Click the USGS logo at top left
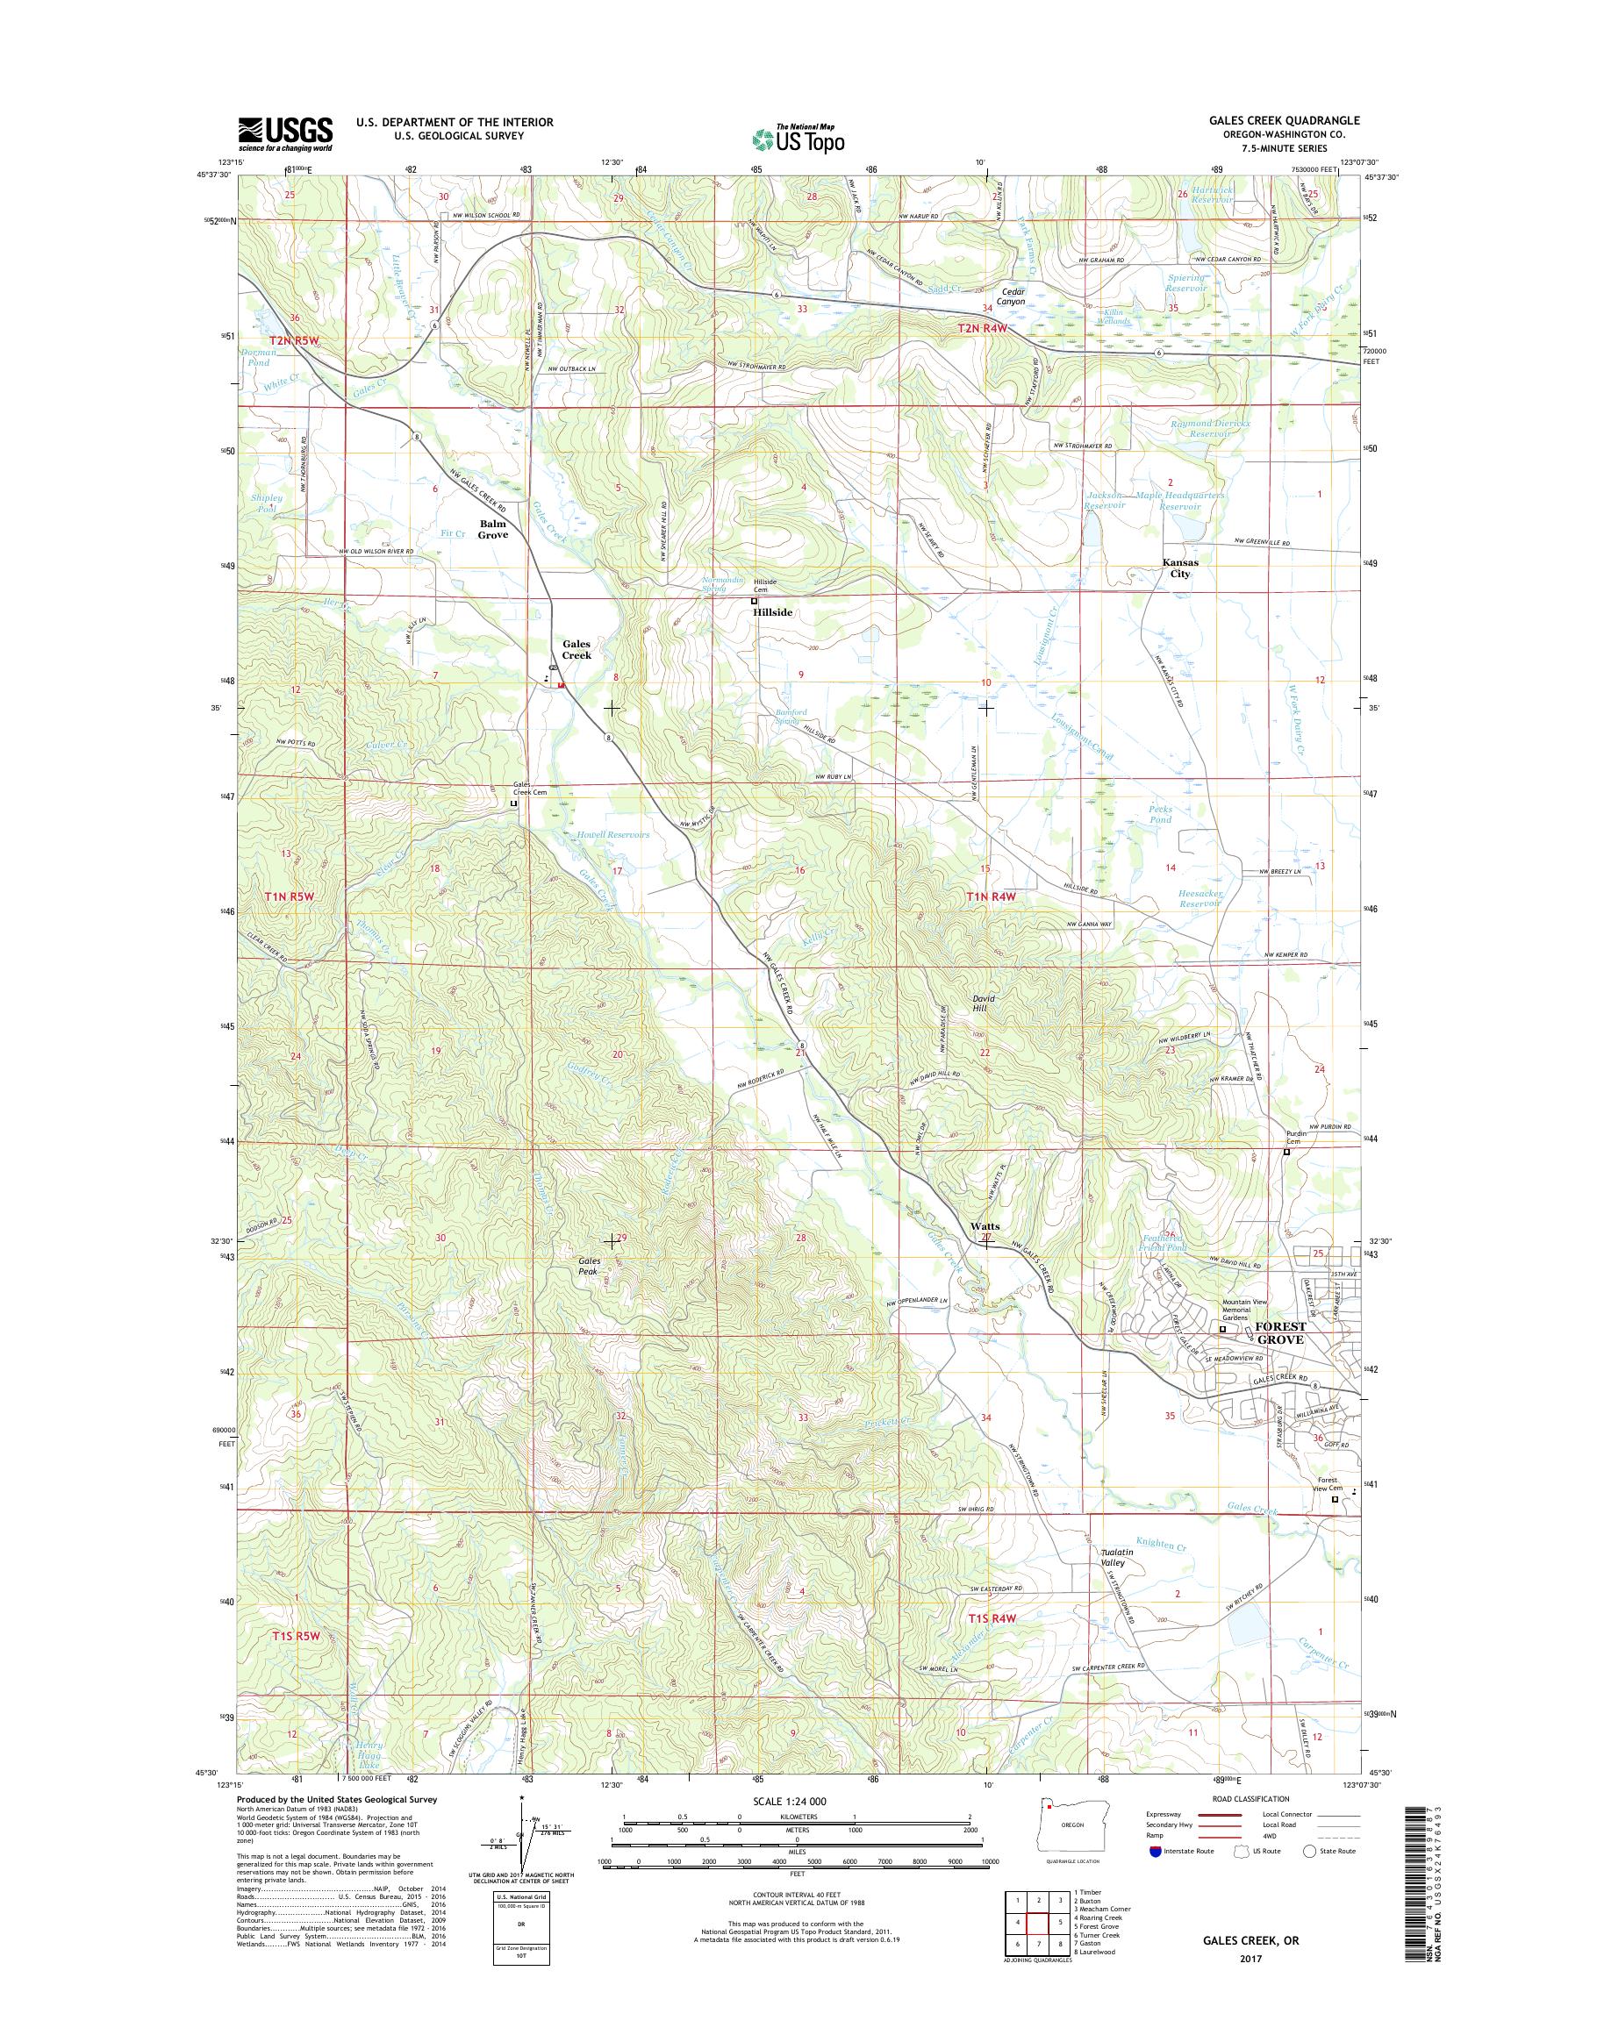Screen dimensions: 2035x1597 tap(285, 133)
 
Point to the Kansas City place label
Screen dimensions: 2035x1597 tap(1180, 568)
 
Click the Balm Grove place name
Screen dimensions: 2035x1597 tap(493, 530)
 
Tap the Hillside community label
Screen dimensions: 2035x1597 tap(773, 611)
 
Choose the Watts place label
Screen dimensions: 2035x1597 tap(985, 1225)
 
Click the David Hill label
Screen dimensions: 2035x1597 tap(983, 1004)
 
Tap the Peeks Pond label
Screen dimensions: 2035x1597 tap(1159, 814)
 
